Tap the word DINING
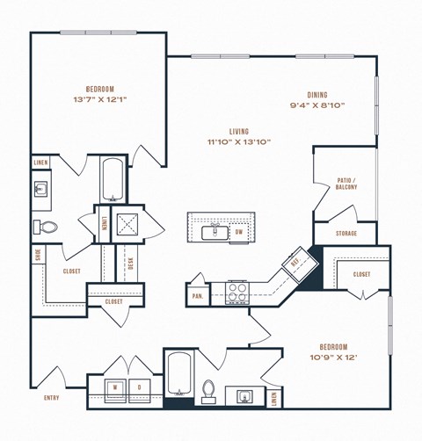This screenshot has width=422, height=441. coord(318,94)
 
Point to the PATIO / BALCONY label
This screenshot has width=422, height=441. coord(345,183)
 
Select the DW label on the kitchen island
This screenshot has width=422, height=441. coord(238,232)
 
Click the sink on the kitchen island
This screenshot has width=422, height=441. coord(212,232)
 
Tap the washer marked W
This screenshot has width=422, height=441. coord(115,386)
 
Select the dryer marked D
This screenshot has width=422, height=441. coord(139,386)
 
